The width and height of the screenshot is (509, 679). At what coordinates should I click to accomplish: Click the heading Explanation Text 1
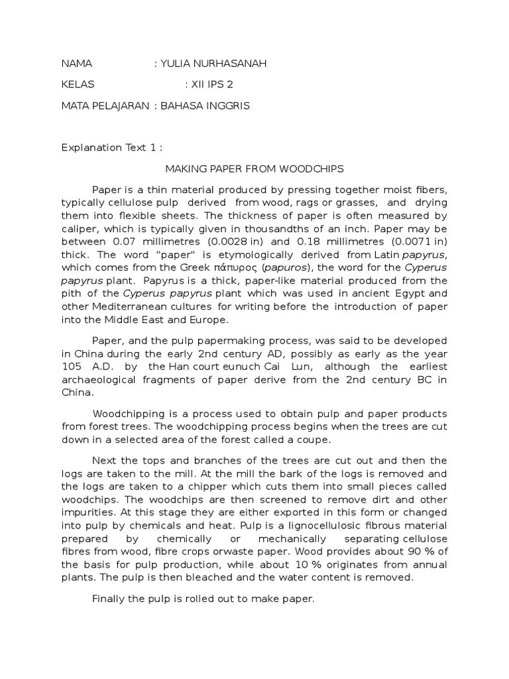coord(111,148)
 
